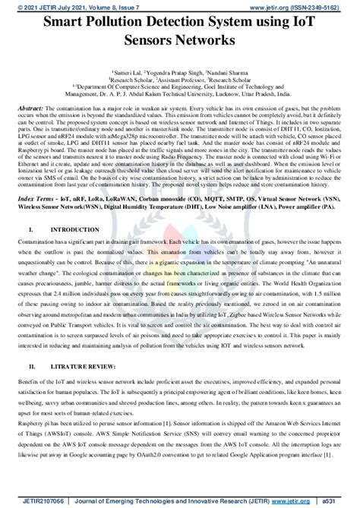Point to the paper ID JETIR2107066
[28, 501]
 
